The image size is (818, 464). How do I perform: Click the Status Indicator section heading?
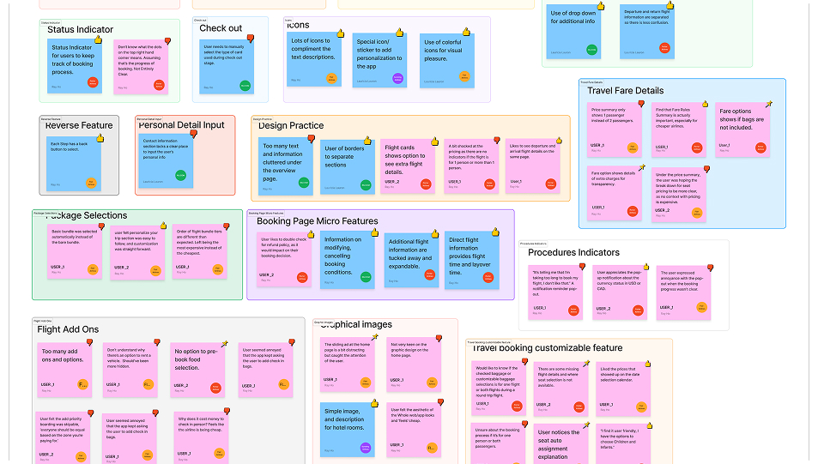(x=80, y=30)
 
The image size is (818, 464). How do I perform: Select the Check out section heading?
(x=221, y=28)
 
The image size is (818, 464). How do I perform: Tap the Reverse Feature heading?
(x=79, y=125)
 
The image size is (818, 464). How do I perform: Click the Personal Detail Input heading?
(x=181, y=125)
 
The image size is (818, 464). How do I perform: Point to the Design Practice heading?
(x=290, y=126)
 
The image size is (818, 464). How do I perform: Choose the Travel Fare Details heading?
(x=625, y=90)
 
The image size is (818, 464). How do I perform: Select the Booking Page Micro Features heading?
(x=317, y=221)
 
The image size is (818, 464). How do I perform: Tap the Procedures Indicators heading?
(x=573, y=252)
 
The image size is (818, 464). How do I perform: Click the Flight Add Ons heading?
(x=68, y=329)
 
